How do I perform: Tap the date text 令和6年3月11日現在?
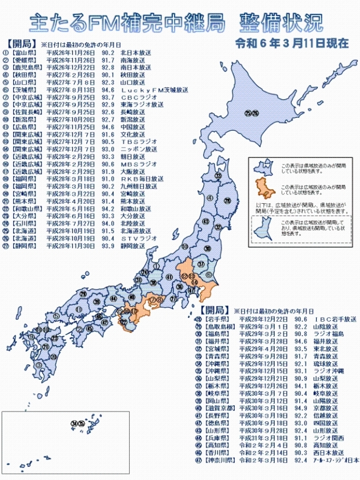[x=291, y=43]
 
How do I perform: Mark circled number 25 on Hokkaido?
[x=247, y=113]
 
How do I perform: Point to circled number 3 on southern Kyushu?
[x=38, y=365]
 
